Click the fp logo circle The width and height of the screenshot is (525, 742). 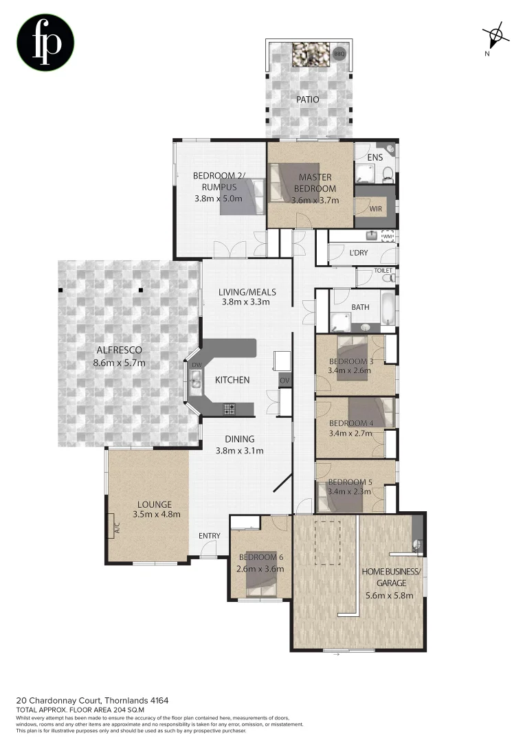(x=45, y=43)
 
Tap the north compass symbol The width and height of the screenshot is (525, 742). (x=495, y=35)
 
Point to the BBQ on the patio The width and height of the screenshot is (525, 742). (x=339, y=53)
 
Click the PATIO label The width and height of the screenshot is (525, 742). (x=307, y=100)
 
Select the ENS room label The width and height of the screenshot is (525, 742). (x=375, y=158)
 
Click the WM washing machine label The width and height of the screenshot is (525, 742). (x=388, y=236)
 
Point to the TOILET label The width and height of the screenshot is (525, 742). (x=383, y=271)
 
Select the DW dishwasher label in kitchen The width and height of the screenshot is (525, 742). (x=196, y=365)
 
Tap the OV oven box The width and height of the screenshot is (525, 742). (x=284, y=380)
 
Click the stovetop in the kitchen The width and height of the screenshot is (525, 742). (x=229, y=409)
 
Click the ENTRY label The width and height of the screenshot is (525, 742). (x=209, y=536)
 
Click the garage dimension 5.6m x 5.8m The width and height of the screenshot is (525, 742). (x=390, y=596)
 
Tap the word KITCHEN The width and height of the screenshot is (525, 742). (x=232, y=380)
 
